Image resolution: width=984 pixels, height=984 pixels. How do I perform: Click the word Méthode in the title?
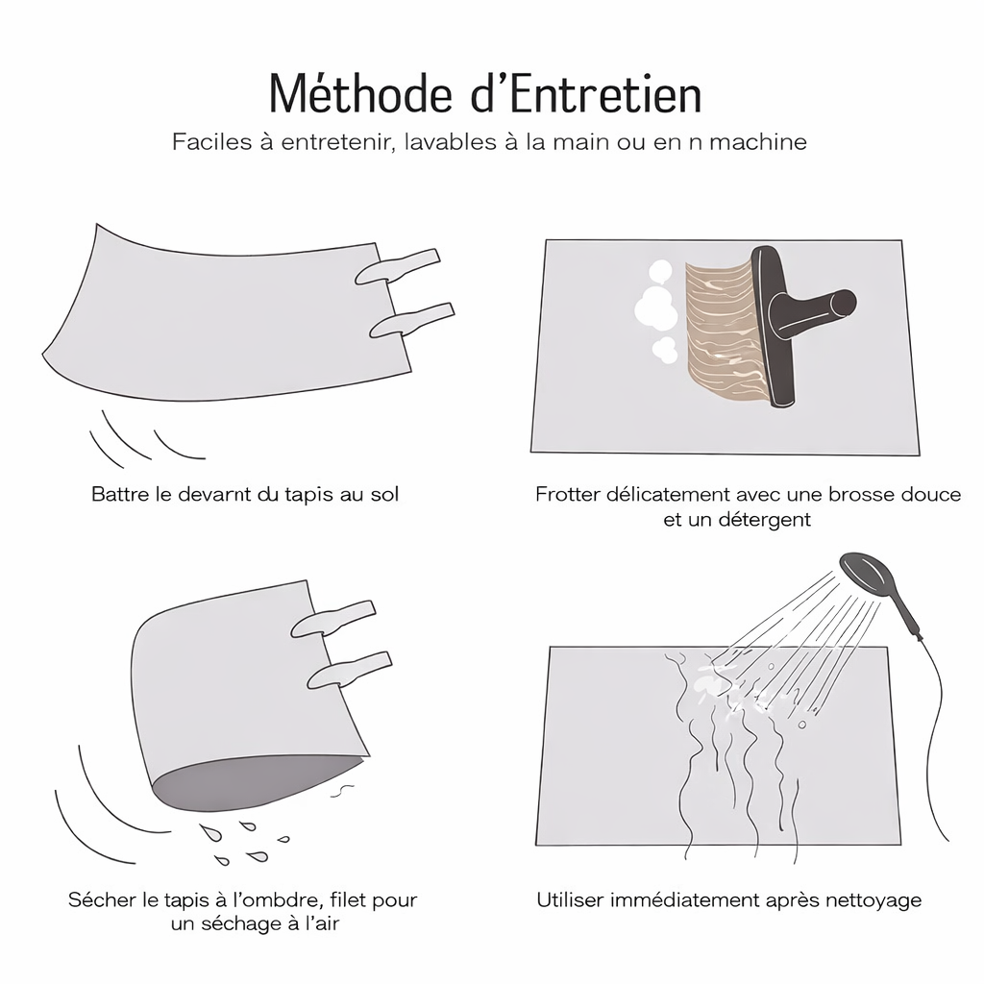360,95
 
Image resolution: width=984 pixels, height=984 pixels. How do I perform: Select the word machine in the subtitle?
758,142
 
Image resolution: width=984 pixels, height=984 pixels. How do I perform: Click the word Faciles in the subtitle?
211,142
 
